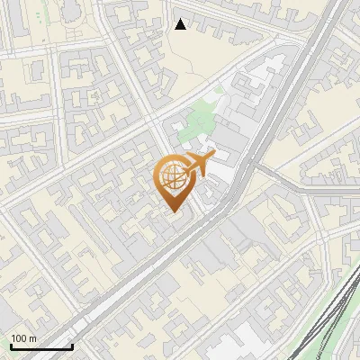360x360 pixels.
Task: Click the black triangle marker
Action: click(x=181, y=24)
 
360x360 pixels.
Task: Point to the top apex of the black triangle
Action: click(x=181, y=19)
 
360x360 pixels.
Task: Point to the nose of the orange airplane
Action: click(x=213, y=156)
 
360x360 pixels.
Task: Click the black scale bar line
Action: click(x=41, y=346)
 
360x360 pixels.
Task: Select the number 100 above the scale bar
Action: click(x=19, y=338)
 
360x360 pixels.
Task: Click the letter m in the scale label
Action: click(x=32, y=338)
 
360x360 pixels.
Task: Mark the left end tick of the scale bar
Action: click(x=11, y=345)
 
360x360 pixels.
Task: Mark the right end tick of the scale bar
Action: click(x=72, y=345)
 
